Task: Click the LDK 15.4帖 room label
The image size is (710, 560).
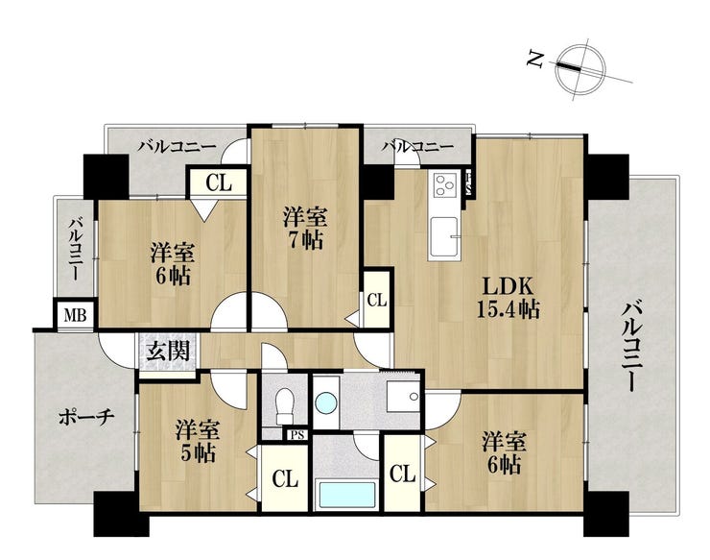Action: pyautogui.click(x=508, y=298)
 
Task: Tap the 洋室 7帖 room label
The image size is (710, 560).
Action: pyautogui.click(x=304, y=228)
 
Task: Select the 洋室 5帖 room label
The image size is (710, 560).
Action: pyautogui.click(x=198, y=441)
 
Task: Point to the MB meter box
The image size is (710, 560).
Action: pyautogui.click(x=75, y=314)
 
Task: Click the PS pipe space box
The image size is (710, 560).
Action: pyautogui.click(x=297, y=435)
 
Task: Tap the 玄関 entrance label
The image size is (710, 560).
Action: pyautogui.click(x=168, y=351)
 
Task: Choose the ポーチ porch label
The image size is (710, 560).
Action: pyautogui.click(x=85, y=418)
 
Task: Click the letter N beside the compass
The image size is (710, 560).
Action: pyautogui.click(x=536, y=59)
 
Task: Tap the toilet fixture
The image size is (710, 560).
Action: pyautogui.click(x=284, y=405)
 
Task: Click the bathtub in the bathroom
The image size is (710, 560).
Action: pyautogui.click(x=347, y=496)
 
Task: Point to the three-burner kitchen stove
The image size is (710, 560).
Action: pyautogui.click(x=444, y=185)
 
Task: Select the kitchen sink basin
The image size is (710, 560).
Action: pyautogui.click(x=443, y=236)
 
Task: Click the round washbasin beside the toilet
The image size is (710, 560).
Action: pyautogui.click(x=326, y=402)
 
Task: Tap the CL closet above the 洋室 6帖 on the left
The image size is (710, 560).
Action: pyautogui.click(x=218, y=183)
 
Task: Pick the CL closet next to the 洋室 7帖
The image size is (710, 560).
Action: pyautogui.click(x=377, y=300)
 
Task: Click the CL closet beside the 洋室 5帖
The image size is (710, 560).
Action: pyautogui.click(x=285, y=478)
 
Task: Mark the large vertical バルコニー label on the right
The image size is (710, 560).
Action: pyautogui.click(x=631, y=349)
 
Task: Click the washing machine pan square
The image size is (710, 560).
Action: pyautogui.click(x=403, y=396)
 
